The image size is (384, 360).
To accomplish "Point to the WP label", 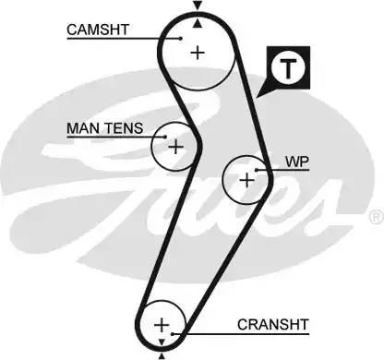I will (296, 161).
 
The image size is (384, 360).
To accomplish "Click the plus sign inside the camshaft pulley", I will (197, 53).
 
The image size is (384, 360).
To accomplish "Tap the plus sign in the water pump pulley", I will (246, 180).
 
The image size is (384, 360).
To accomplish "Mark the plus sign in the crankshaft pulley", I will (162, 325).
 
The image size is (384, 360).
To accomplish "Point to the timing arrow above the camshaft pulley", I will (197, 7).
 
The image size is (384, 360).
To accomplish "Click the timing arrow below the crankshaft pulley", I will (162, 354).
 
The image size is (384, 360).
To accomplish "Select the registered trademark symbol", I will (375, 217).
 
